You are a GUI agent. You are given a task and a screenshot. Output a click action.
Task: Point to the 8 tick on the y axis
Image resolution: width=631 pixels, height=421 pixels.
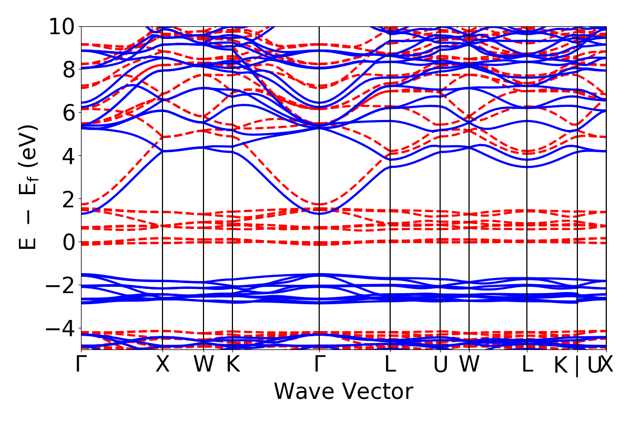coord(68,69)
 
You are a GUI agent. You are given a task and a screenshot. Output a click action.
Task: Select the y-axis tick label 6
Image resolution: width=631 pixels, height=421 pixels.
coord(68,113)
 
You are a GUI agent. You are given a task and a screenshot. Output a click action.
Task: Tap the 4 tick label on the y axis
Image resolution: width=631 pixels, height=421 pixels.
coord(68,156)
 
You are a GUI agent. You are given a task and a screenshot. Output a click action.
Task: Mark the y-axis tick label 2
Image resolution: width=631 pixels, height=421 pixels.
coord(68,199)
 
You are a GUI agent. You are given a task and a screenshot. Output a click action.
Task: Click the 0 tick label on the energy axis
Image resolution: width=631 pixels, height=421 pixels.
coord(68,242)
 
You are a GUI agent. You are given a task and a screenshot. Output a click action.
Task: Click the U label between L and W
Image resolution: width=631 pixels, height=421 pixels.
coord(440,365)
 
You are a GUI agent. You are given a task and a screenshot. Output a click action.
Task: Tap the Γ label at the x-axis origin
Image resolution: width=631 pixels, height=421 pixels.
coord(81,365)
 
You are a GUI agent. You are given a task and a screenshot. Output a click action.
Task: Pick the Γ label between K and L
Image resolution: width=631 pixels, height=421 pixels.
coord(319,365)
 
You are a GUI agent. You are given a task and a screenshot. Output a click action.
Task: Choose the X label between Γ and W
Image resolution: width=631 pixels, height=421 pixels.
coord(162,365)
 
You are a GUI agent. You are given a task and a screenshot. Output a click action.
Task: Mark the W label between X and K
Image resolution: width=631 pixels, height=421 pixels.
coord(203,365)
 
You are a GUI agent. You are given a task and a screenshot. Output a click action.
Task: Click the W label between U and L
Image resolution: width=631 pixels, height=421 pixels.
coord(469,365)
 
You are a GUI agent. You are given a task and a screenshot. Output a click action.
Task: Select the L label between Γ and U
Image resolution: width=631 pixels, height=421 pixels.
coord(390,365)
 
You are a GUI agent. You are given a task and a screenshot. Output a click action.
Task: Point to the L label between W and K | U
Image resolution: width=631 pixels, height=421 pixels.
coord(527,365)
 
